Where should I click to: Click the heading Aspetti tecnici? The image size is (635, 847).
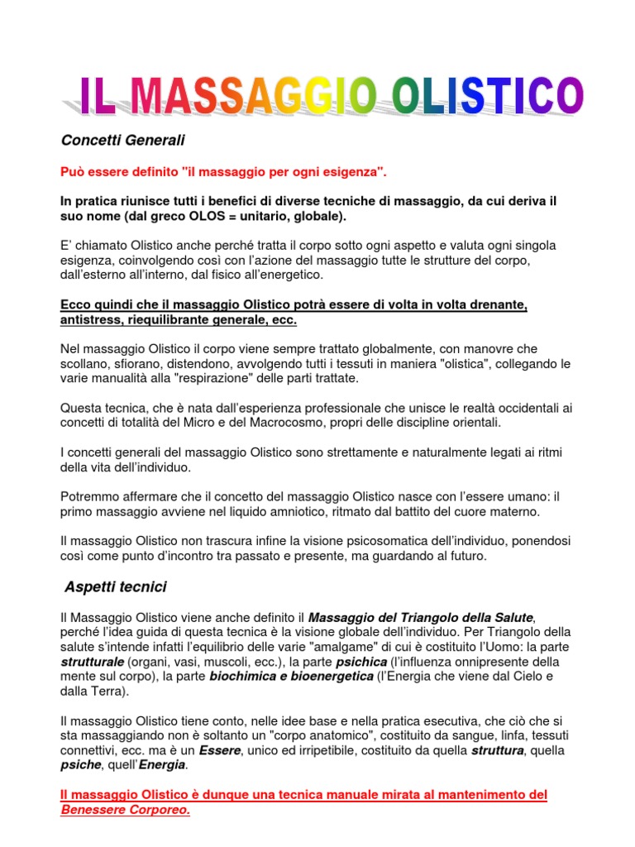tap(116, 586)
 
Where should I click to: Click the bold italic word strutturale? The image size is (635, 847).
tap(93, 662)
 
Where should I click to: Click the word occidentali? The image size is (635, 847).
tap(532, 408)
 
